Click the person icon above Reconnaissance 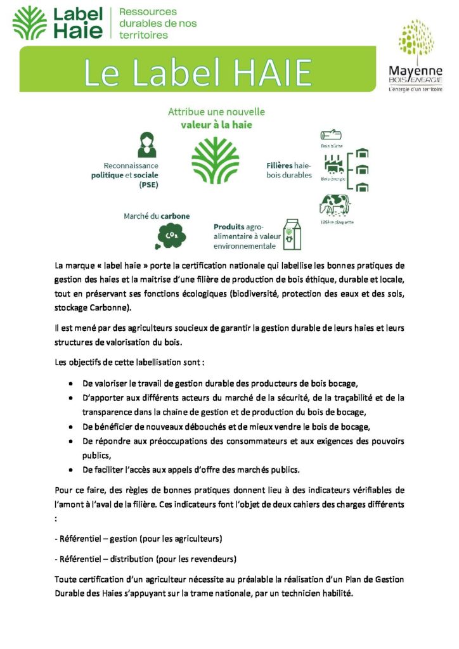coord(146,145)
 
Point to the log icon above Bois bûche coord(331,135)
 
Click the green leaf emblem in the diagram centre coord(215,160)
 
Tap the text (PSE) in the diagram coord(148,185)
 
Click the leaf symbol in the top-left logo coord(29,23)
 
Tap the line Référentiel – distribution coord(146,559)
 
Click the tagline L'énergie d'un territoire coord(415,89)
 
